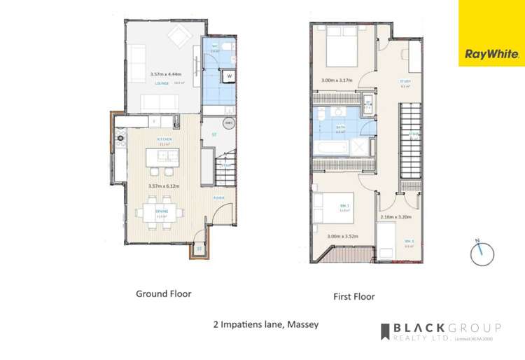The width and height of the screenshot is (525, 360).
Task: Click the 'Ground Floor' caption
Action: [163, 293]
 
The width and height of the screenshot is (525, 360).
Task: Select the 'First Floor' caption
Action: [353, 296]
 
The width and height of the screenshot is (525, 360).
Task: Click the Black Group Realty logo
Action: [440, 331]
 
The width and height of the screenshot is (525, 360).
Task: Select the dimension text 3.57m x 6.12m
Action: [165, 186]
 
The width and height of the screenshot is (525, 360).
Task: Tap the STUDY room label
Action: [405, 81]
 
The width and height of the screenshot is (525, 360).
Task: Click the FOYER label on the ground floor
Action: [218, 198]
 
